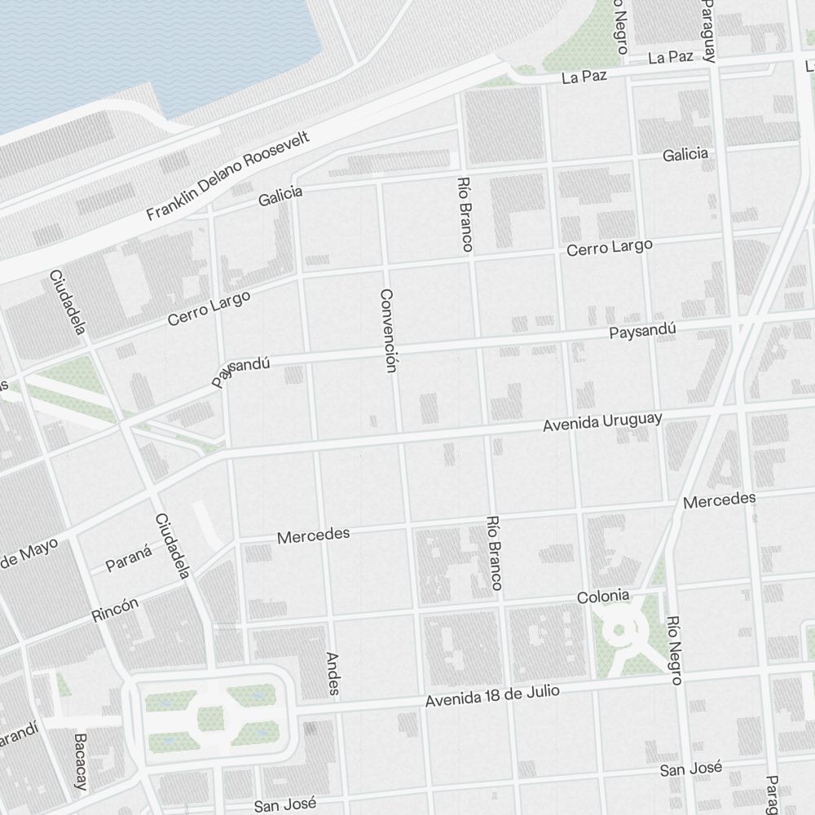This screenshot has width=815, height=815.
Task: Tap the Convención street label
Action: pos(387,330)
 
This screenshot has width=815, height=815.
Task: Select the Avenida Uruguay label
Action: pos(602,421)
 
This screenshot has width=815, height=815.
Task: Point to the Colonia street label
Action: pos(602,596)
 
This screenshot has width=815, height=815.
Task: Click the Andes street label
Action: pos(333,672)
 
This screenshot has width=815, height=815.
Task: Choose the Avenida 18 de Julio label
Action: pos(492,695)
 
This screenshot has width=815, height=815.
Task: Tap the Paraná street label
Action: pos(129,559)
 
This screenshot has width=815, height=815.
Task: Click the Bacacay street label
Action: pos(80,761)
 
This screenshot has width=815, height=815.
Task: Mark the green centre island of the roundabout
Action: pos(619,629)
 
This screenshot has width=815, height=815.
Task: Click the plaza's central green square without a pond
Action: pos(211,717)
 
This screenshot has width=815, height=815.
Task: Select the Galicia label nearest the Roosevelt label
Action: pos(280,196)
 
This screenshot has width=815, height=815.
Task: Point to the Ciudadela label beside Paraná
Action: pos(173,546)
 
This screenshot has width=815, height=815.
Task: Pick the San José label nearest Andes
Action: pos(284,804)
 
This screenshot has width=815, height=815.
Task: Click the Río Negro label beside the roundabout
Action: pos(672,650)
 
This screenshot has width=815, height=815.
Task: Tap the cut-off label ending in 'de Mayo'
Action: pos(29,555)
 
